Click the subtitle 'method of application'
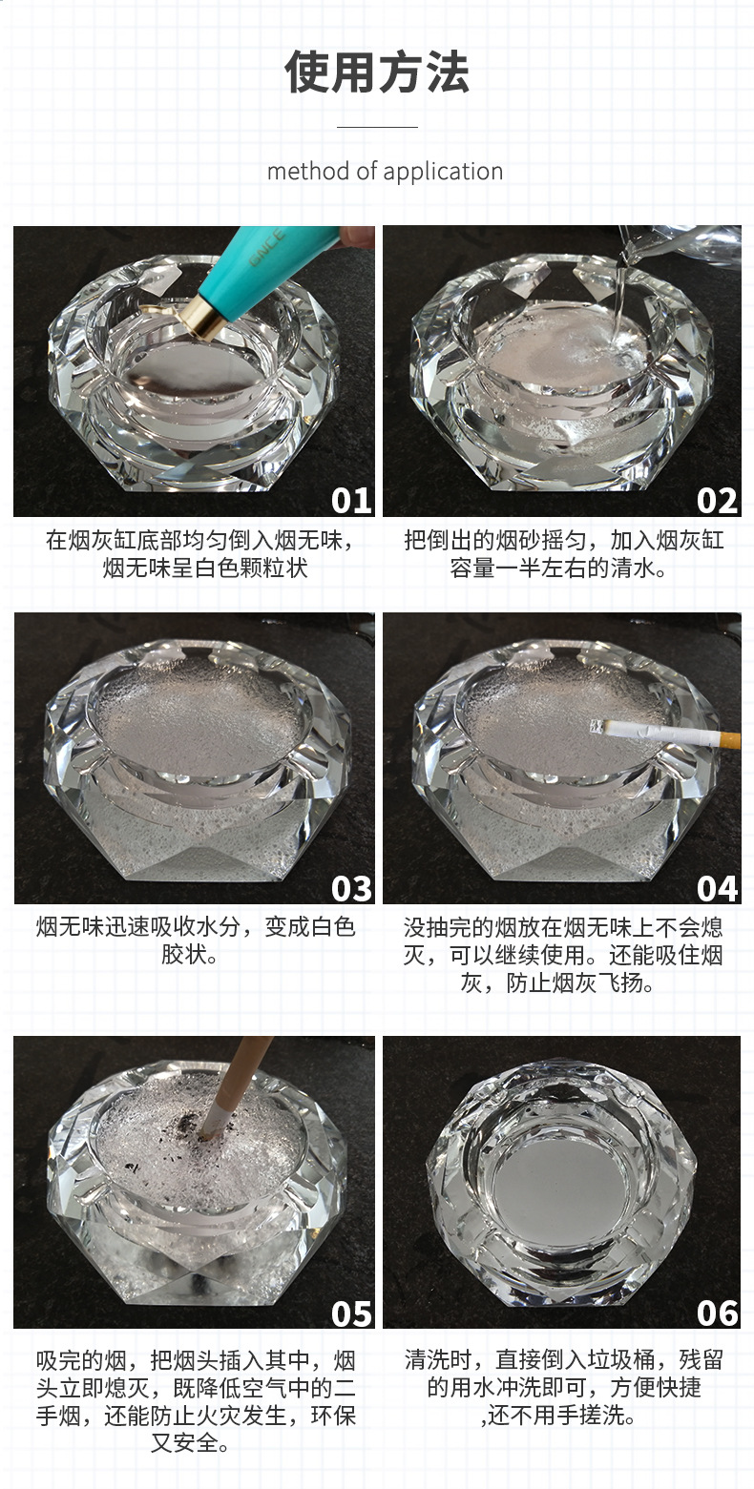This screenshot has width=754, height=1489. pyautogui.click(x=385, y=172)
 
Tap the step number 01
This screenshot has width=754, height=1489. pyautogui.click(x=350, y=501)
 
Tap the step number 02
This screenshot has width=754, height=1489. pyautogui.click(x=717, y=501)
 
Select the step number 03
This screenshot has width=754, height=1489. pyautogui.click(x=351, y=889)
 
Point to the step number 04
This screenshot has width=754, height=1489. pyautogui.click(x=717, y=889)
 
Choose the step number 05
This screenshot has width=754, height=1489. pyautogui.click(x=351, y=1313)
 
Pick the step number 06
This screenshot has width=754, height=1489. pyautogui.click(x=717, y=1313)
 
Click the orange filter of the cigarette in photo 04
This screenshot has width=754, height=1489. pyautogui.click(x=729, y=738)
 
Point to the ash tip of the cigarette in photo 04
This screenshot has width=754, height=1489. pyautogui.click(x=597, y=727)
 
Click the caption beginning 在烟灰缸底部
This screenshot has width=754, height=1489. pyautogui.click(x=199, y=554)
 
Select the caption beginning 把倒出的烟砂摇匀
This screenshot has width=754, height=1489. pyautogui.click(x=563, y=554)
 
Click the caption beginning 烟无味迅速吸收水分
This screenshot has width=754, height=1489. pyautogui.click(x=196, y=941)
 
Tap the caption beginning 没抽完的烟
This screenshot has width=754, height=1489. pyautogui.click(x=562, y=955)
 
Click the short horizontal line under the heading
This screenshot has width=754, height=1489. pyautogui.click(x=377, y=126)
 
